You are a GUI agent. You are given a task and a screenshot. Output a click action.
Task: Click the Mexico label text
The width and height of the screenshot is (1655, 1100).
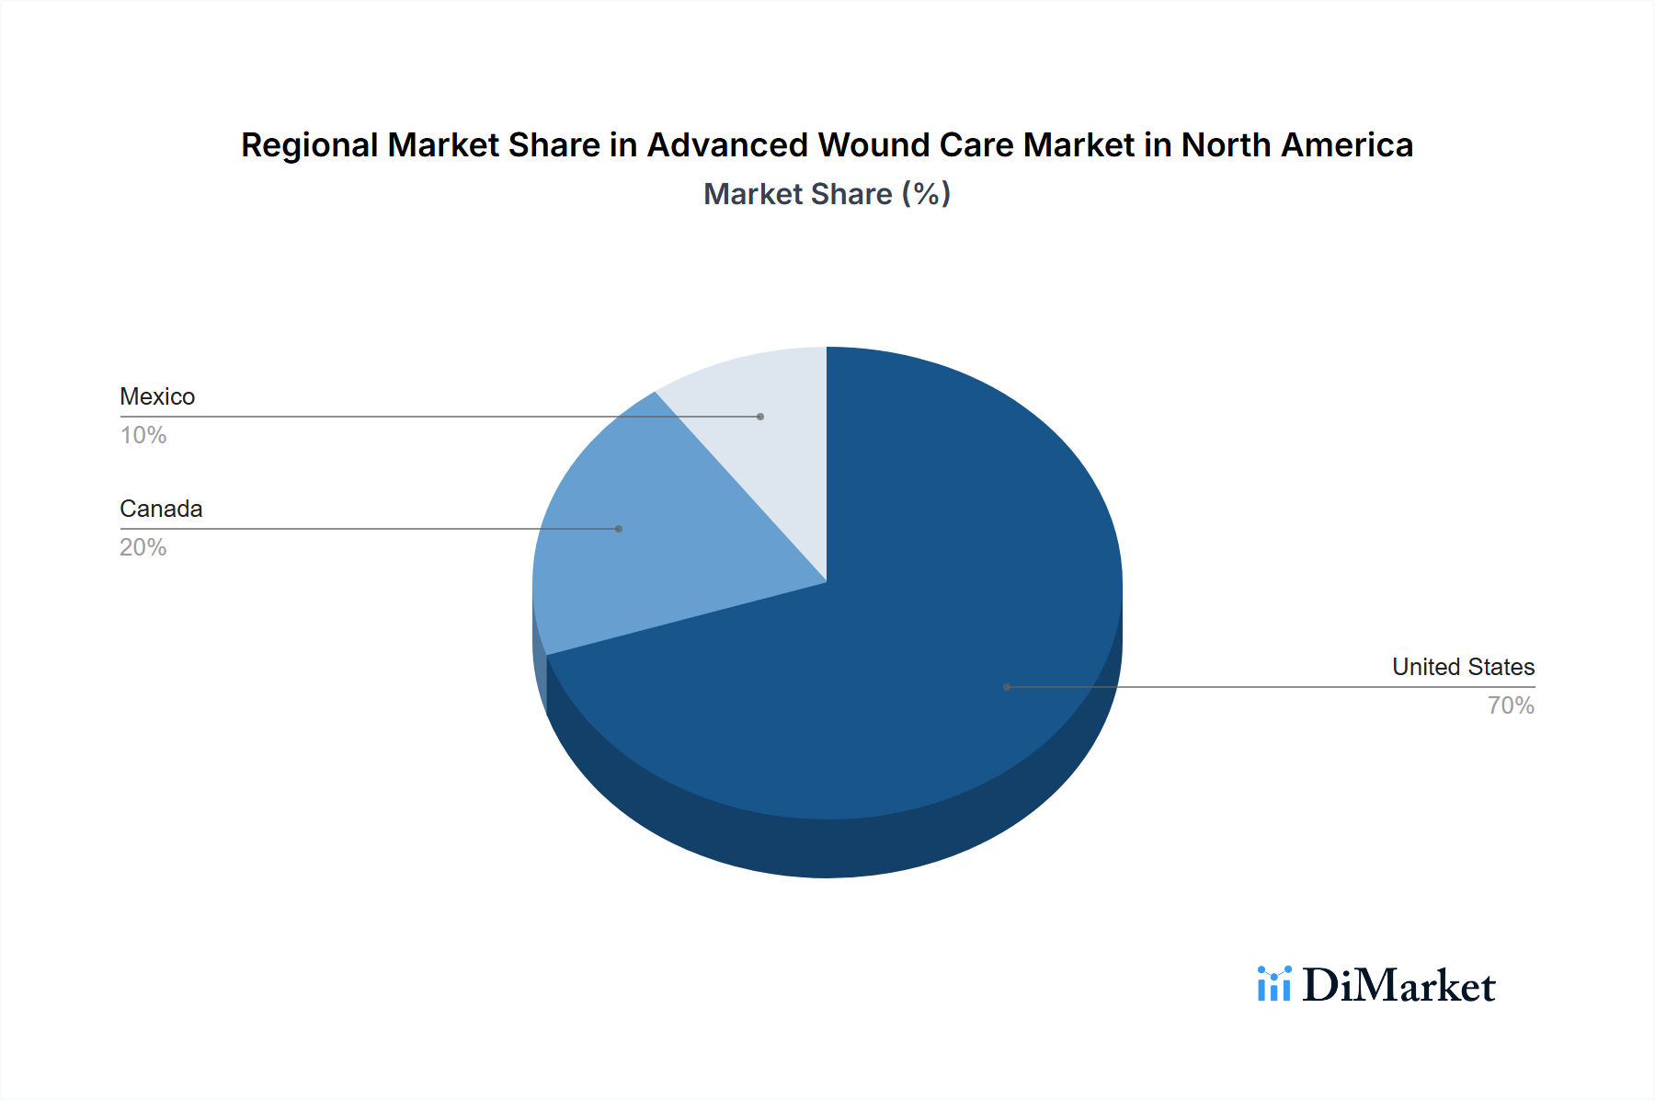coord(157,396)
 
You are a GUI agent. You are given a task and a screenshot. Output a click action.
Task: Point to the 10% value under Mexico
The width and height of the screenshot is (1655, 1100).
coord(143,435)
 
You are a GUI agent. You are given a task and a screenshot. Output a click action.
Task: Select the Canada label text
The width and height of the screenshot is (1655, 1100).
coord(161,509)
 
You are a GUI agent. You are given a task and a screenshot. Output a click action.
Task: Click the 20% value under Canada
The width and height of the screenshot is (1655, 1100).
coord(143,547)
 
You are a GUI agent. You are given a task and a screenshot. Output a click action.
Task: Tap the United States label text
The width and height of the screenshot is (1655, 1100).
coord(1463,667)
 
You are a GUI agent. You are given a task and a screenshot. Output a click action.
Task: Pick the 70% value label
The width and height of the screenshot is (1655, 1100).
coord(1511,705)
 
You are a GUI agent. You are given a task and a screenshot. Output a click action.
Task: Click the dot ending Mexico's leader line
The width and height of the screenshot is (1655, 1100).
coord(760,417)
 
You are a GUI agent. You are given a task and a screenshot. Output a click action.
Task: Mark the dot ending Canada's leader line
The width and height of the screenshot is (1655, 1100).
coord(619,529)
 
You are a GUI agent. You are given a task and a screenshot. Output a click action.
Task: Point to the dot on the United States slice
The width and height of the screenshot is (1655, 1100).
coord(1007,687)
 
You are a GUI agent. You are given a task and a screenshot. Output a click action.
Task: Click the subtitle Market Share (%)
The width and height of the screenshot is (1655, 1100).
coord(827,194)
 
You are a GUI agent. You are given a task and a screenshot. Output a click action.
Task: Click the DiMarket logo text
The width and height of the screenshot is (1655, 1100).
coord(1398,986)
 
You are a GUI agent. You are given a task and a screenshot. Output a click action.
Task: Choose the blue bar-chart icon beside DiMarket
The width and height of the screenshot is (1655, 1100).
coord(1273,984)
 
